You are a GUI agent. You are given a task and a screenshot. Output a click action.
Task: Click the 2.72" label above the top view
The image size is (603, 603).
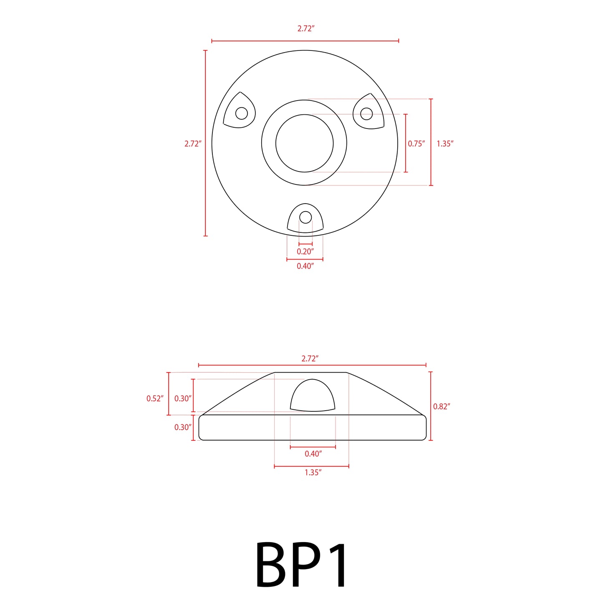click(x=305, y=28)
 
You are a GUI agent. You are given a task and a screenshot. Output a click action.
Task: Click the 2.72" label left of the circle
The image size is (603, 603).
click(x=193, y=144)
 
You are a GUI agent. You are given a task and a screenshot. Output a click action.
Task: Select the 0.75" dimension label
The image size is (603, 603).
click(x=416, y=144)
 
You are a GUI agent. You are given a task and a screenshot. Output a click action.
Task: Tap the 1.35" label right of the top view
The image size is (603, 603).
click(x=445, y=144)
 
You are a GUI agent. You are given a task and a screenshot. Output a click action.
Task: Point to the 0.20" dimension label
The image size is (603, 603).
click(x=305, y=251)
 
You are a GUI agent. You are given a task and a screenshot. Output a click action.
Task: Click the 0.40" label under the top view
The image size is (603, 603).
click(x=305, y=266)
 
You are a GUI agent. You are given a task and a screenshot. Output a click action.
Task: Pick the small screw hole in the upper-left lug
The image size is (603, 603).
click(x=242, y=113)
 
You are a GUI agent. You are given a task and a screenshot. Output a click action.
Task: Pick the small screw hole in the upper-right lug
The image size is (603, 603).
click(x=366, y=114)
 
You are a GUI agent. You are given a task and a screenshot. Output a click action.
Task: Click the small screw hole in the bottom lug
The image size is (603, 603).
click(x=305, y=217)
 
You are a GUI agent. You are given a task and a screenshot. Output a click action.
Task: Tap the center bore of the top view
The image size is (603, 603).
click(x=305, y=143)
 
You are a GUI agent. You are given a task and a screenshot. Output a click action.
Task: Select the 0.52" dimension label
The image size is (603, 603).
click(x=154, y=399)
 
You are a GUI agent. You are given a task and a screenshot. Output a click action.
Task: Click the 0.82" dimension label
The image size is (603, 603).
click(x=442, y=406)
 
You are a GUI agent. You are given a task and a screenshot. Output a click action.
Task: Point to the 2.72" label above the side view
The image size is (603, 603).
click(x=310, y=358)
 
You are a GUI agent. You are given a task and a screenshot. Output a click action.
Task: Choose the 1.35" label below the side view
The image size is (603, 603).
click(x=313, y=472)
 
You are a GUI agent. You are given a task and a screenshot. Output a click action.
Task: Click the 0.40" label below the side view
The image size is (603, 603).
click(x=313, y=454)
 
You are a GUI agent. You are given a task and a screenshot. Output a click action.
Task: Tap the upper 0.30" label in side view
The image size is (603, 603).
click(x=183, y=399)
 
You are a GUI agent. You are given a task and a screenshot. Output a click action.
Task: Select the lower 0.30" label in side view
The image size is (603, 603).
click(x=183, y=427)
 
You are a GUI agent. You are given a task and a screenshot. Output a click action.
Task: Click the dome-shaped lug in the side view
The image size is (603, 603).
click(x=313, y=396)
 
